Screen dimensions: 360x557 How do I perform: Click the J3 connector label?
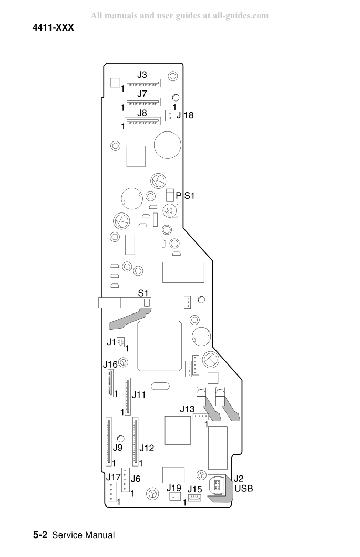tap(142, 75)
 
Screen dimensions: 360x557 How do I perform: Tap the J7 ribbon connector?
tap(143, 102)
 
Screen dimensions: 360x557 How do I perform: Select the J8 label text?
tap(142, 113)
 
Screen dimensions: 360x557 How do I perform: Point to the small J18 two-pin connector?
tap(169, 115)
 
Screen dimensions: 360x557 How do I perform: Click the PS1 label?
tap(185, 196)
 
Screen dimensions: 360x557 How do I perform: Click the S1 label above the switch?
tap(143, 293)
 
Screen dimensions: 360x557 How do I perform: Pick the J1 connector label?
tap(111, 342)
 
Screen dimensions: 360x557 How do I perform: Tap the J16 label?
tap(110, 364)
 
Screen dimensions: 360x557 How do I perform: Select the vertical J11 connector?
tap(128, 397)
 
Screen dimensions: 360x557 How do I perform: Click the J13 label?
tap(187, 409)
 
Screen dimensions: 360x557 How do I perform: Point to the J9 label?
tap(118, 448)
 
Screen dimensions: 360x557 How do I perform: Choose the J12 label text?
tap(147, 448)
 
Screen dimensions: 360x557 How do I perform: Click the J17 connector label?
tap(114, 477)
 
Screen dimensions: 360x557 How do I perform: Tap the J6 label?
tap(136, 479)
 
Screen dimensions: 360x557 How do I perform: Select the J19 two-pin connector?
tap(175, 497)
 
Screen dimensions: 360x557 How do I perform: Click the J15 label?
tap(194, 489)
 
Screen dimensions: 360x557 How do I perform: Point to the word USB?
tap(244, 489)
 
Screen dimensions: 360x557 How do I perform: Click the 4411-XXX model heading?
tap(53, 28)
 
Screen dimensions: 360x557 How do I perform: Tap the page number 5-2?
tap(40, 535)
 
